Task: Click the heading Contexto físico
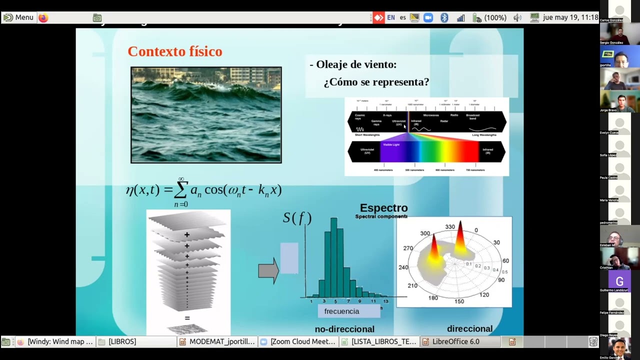pos(174,51)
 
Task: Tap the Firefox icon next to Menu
pos(43,17)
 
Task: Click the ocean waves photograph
pos(206,115)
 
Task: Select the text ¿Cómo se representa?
pos(376,82)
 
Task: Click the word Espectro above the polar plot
pos(383,208)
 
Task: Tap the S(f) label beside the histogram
pos(297,218)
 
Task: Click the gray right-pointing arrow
pos(268,270)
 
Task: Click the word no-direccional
pos(344,329)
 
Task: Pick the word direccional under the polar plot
pos(469,328)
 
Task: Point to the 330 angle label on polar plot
pos(450,227)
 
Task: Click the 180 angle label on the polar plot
pos(433,298)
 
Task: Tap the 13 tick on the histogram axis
pos(385,301)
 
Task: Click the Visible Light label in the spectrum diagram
pos(391,144)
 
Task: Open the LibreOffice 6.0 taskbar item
pos(455,341)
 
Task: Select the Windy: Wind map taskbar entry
pos(59,341)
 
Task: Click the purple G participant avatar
pos(619,281)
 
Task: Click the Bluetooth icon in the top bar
pos(444,17)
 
